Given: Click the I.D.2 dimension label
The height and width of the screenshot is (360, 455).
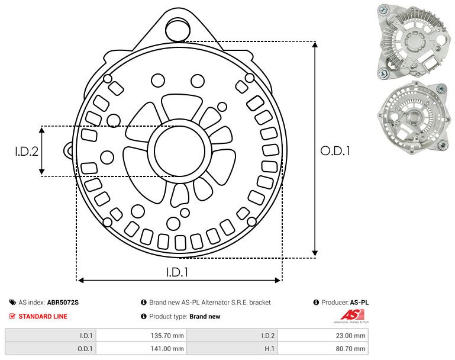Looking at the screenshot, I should pos(27,152).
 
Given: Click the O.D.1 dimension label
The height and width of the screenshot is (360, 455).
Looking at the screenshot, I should pos(335,151).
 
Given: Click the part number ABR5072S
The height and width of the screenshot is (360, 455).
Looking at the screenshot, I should pos(63,303).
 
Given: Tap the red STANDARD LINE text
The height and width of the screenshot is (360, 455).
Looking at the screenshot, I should pos(43,316).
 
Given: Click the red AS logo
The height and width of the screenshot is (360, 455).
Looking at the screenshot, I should pos(350,314).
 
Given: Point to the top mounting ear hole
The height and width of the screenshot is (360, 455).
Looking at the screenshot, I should pos(176,28).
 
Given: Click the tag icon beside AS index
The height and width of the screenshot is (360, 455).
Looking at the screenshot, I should pos(12,303).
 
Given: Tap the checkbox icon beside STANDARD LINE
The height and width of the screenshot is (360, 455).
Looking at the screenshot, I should pos(12,316).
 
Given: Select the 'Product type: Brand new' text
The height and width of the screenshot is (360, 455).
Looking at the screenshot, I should pos(184,316).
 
